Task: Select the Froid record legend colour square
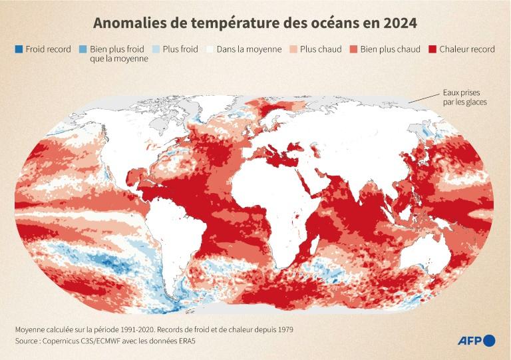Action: pos(18,49)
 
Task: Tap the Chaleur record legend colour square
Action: pos(432,49)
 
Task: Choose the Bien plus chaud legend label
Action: pos(389,49)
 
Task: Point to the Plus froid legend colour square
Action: pos(156,49)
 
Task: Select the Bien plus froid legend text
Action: pos(118,54)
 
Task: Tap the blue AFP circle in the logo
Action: pos(489,341)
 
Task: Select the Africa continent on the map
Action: pos(279,193)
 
